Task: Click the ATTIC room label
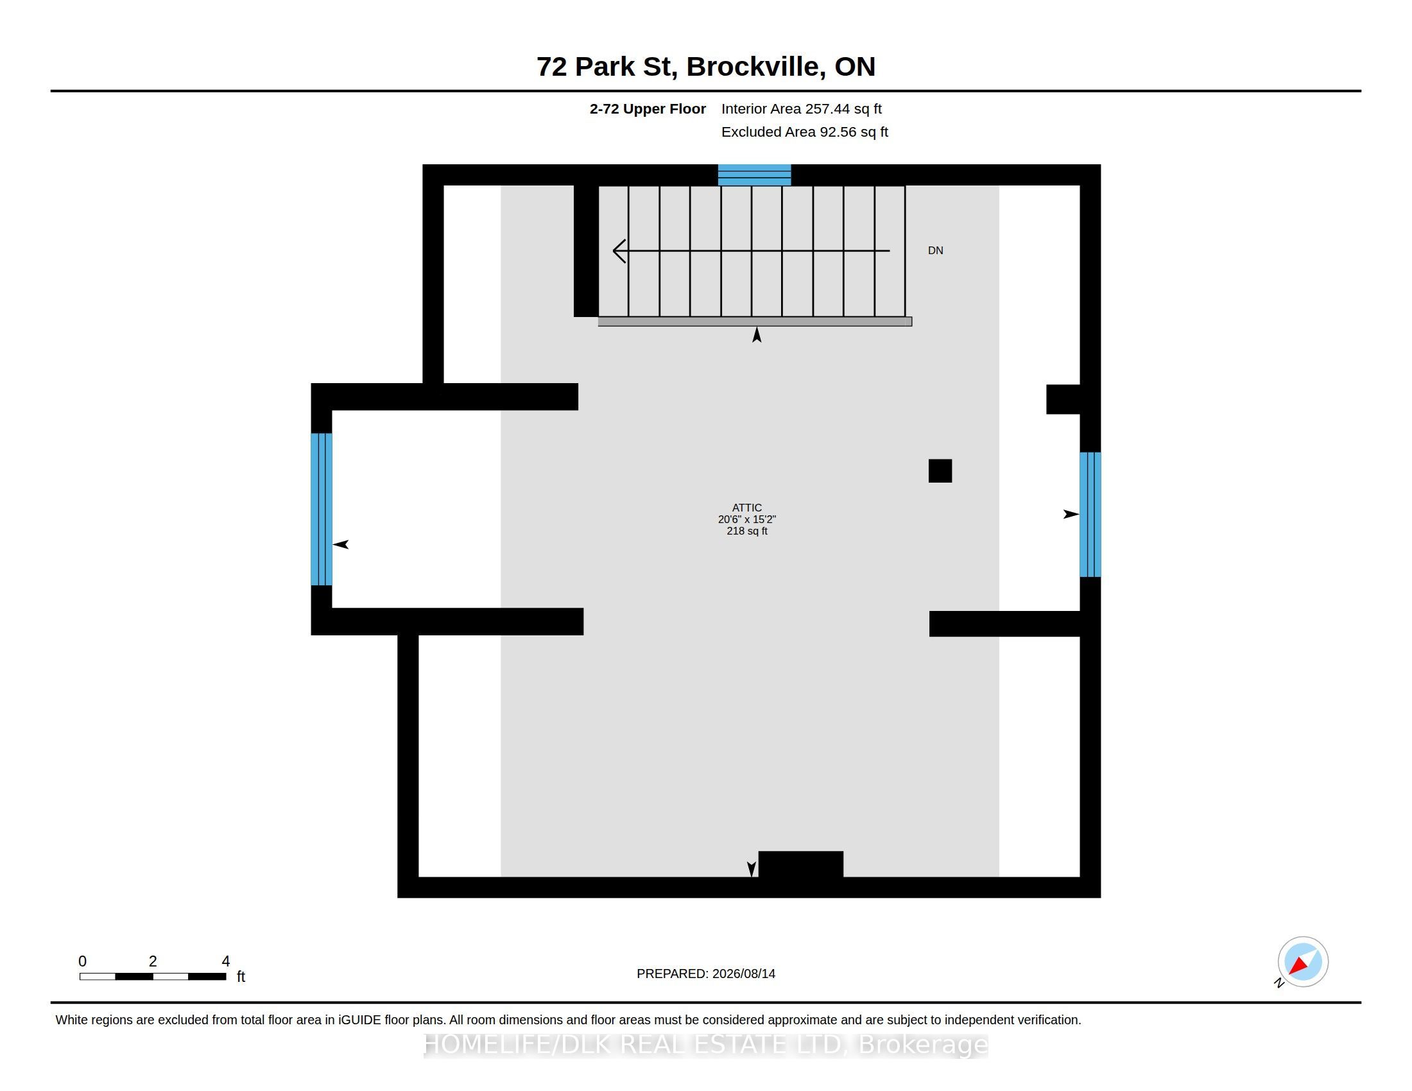[746, 508]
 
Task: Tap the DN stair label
[936, 251]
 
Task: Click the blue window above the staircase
[755, 175]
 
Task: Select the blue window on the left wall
[322, 510]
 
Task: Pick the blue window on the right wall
[1090, 515]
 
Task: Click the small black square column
[940, 470]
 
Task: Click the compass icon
[1302, 962]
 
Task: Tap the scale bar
[153, 977]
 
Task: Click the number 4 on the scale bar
[226, 961]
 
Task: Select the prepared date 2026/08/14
[744, 974]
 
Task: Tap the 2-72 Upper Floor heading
[647, 108]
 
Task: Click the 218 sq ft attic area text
[746, 531]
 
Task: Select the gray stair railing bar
[755, 322]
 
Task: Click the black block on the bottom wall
[800, 864]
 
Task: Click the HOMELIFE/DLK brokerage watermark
[706, 1044]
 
